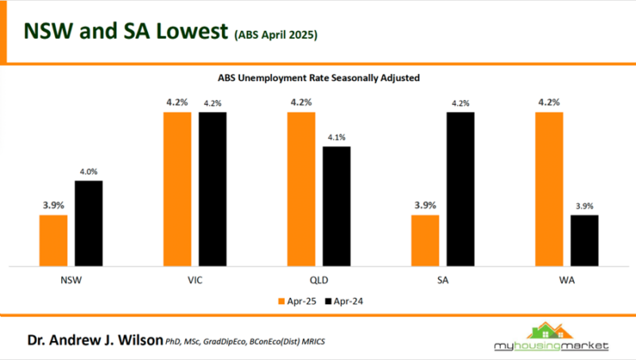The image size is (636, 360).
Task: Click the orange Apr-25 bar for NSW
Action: (53, 240)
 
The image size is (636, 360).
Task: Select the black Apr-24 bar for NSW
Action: (88, 223)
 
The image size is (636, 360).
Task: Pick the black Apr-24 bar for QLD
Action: (336, 206)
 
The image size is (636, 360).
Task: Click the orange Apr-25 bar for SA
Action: (425, 240)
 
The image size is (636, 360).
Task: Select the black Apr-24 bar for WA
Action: (584, 240)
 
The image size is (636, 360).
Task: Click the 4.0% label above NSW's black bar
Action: (89, 172)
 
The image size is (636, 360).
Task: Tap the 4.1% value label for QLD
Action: (336, 137)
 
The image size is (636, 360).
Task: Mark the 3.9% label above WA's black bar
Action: (584, 206)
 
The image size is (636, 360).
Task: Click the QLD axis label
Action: (319, 280)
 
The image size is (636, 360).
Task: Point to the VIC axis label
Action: (195, 280)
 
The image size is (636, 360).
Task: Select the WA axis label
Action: (566, 280)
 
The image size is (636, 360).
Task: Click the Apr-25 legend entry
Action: (298, 301)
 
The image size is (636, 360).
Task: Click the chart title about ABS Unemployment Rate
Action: (318, 79)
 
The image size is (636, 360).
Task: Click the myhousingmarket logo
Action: (549, 337)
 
